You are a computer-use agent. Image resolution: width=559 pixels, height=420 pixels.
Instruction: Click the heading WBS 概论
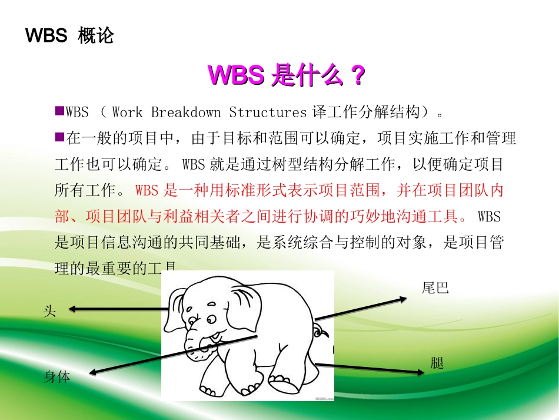coord(69,37)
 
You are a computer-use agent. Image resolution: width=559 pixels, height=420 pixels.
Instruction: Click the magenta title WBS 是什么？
coord(287,75)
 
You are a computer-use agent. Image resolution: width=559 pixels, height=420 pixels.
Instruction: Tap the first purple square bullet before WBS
coord(59,110)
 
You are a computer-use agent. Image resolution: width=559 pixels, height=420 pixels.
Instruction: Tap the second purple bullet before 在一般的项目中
coord(59,137)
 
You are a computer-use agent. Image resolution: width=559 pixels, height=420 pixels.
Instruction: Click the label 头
coord(50,311)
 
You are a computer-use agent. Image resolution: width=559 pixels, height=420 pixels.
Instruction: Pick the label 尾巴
coord(435,288)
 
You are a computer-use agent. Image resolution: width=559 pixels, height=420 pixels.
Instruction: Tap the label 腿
coord(437,363)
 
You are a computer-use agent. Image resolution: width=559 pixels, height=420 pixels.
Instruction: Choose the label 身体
coord(57,376)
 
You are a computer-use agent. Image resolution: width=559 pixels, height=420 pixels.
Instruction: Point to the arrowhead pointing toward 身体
coord(93,372)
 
